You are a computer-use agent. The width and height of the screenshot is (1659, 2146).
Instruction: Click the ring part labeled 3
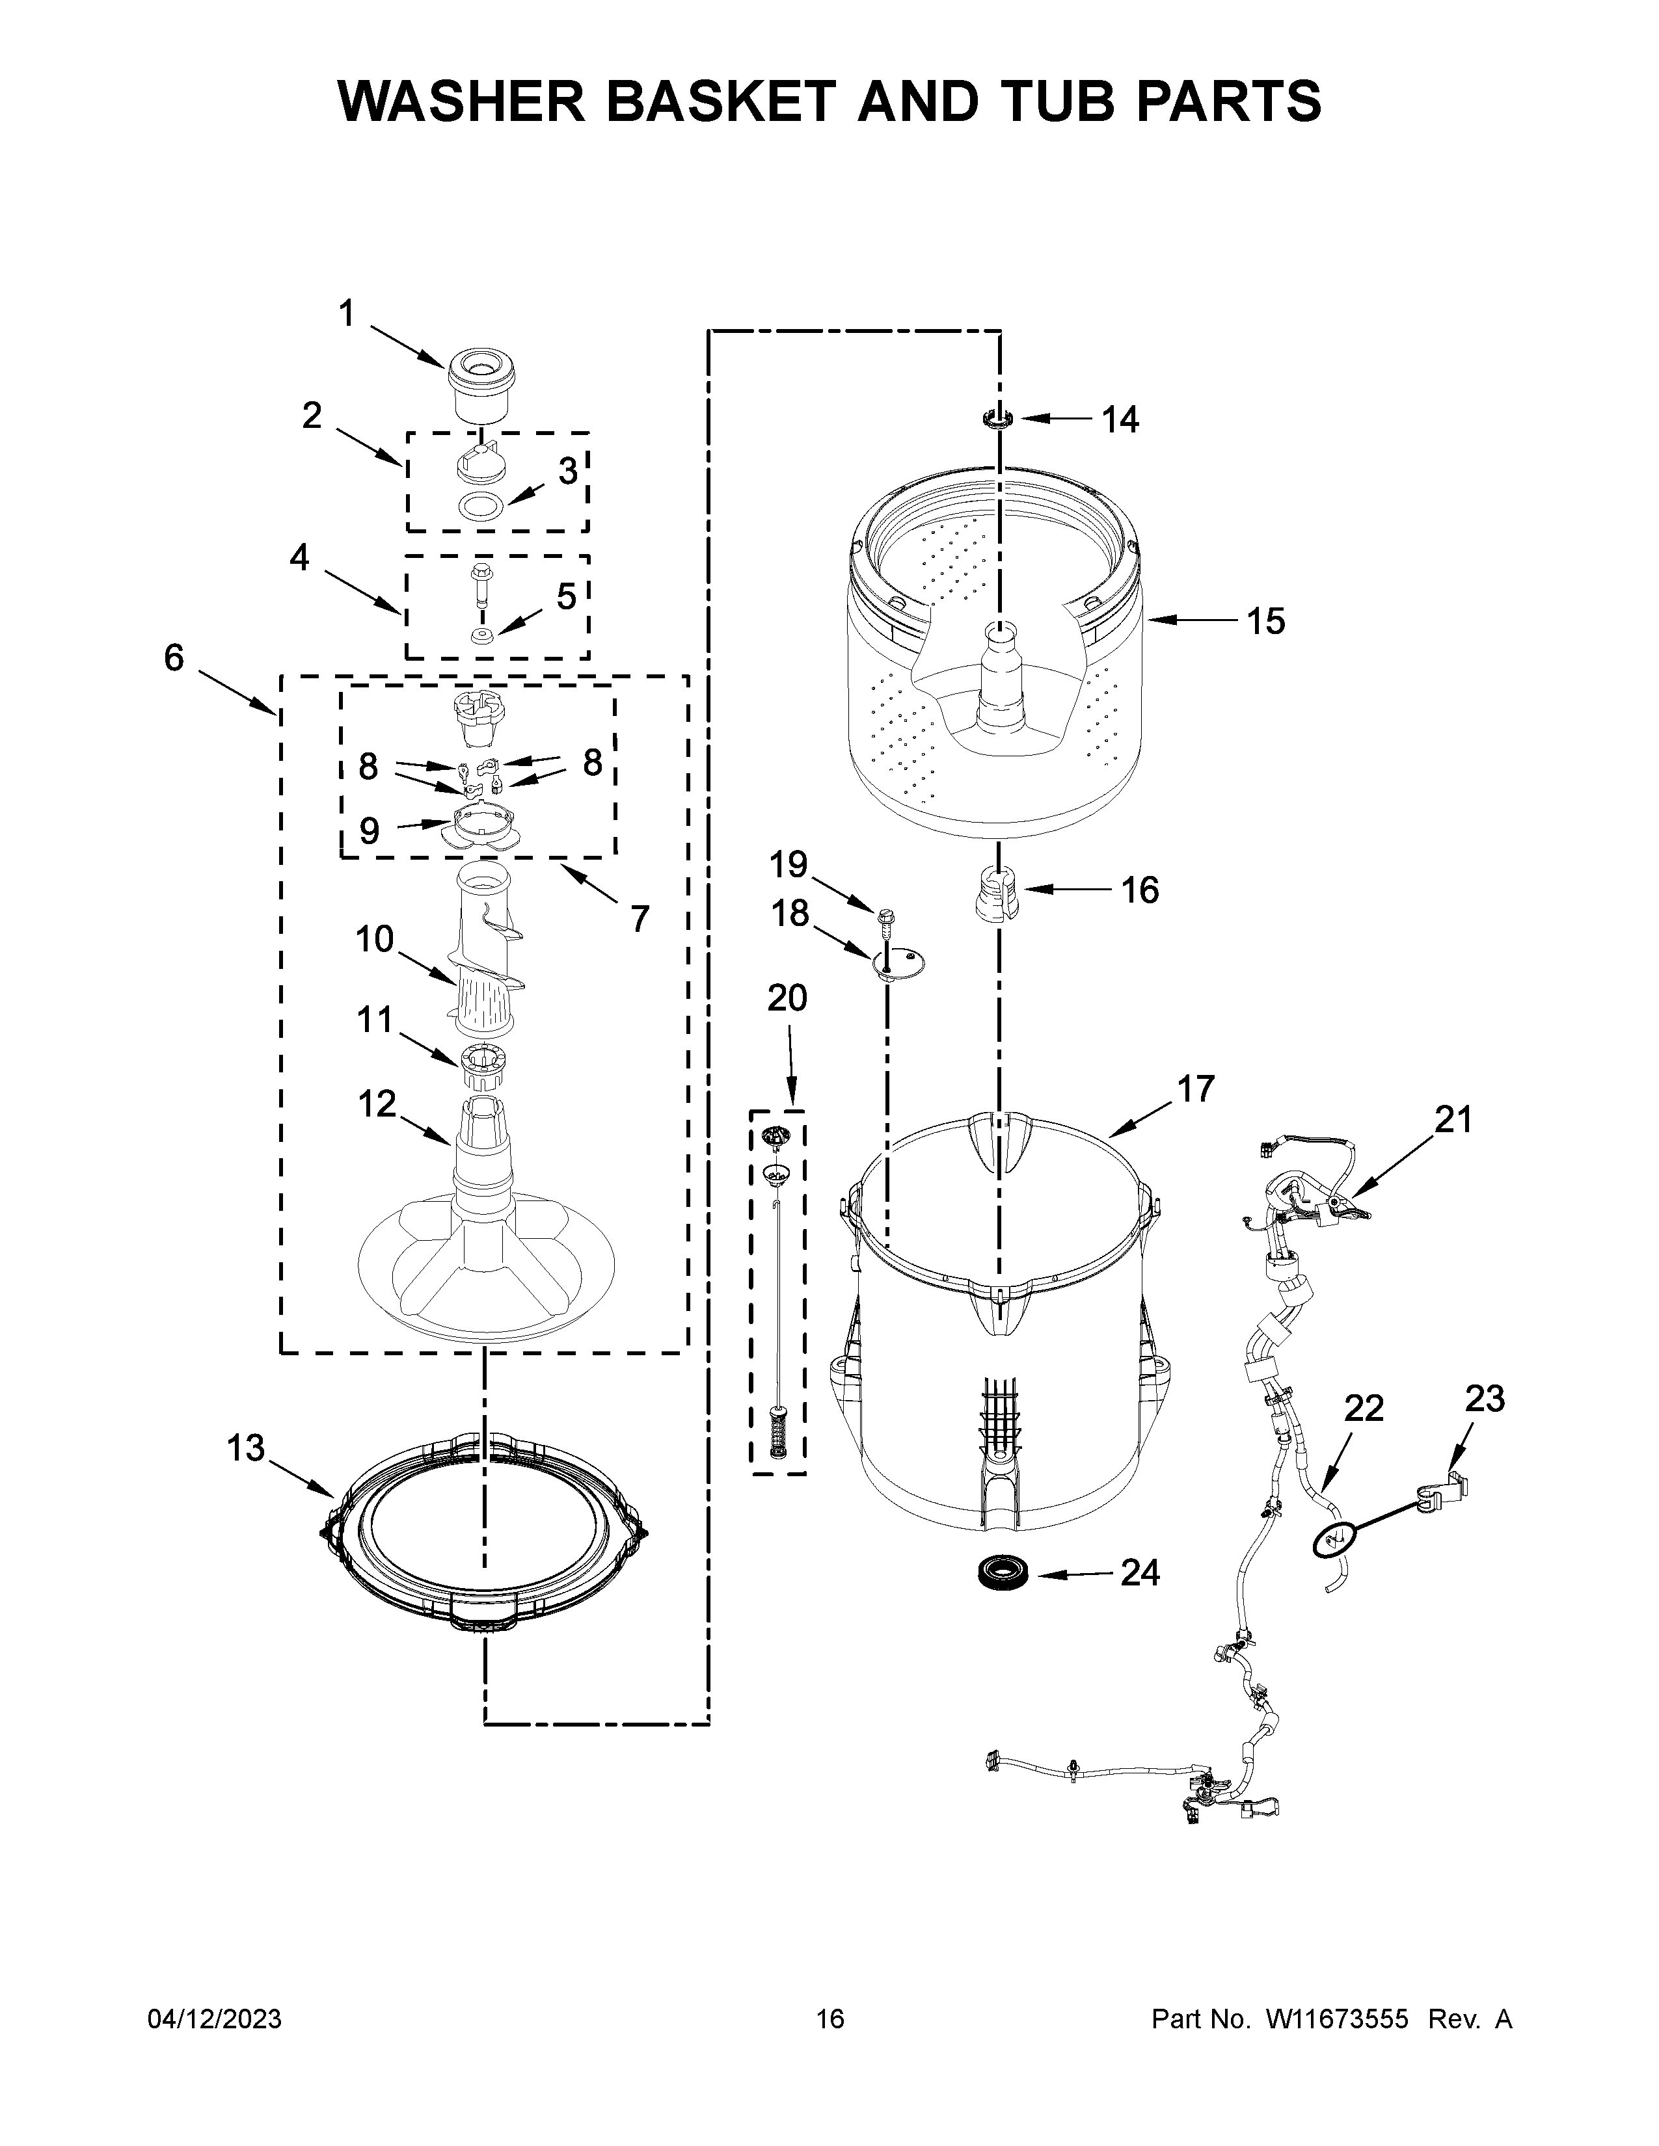pos(481,508)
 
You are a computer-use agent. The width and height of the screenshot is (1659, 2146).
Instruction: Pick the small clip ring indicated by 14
pos(997,419)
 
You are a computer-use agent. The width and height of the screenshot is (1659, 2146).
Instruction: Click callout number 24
pos(1140,1573)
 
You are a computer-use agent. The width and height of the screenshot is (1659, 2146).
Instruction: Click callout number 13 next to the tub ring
pos(246,1448)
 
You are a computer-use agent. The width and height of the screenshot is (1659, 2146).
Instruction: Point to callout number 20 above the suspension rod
pos(787,998)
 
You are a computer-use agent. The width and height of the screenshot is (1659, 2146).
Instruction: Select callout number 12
pos(377,1104)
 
